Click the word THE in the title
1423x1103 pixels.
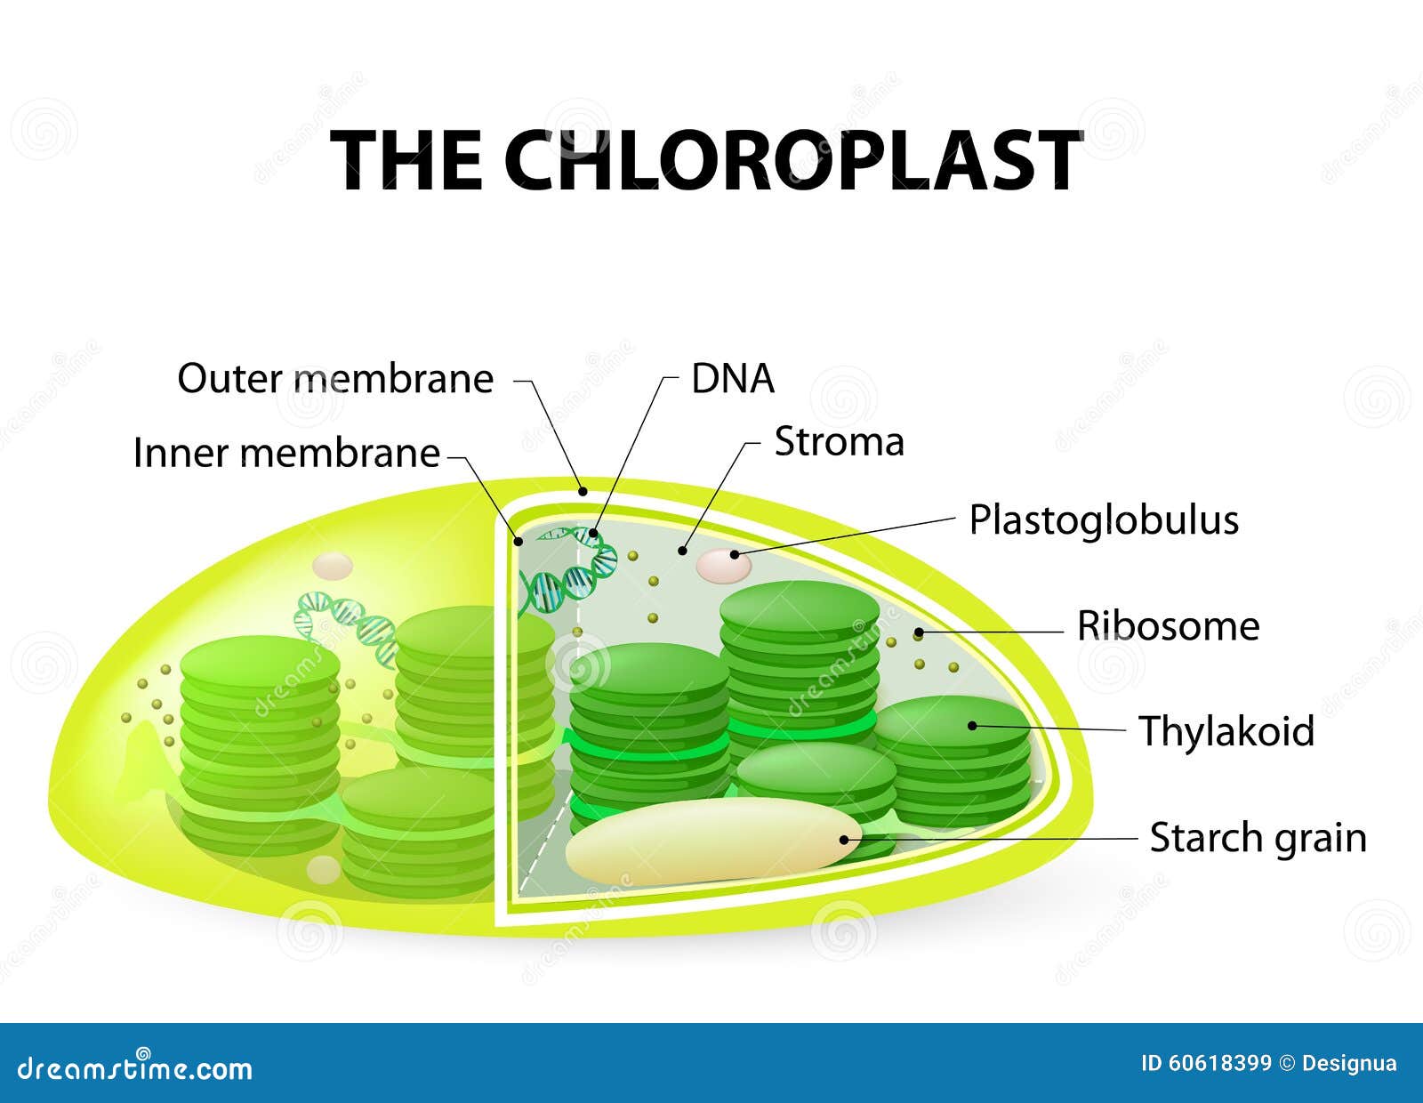click(x=409, y=160)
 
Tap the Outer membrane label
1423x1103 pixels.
click(x=335, y=379)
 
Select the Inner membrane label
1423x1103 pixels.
click(x=286, y=454)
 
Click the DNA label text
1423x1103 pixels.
click(x=733, y=380)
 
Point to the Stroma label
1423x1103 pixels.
click(x=839, y=442)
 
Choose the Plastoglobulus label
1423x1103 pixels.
click(x=1103, y=520)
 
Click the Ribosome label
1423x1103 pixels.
click(x=1168, y=626)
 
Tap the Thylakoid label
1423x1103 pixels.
click(x=1226, y=731)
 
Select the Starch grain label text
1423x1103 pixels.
click(x=1258, y=838)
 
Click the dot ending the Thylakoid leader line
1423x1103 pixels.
click(x=972, y=726)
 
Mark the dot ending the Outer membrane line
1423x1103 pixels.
click(x=583, y=489)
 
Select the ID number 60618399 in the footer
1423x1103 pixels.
click(x=1218, y=1064)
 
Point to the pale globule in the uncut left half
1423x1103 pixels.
click(x=334, y=565)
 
